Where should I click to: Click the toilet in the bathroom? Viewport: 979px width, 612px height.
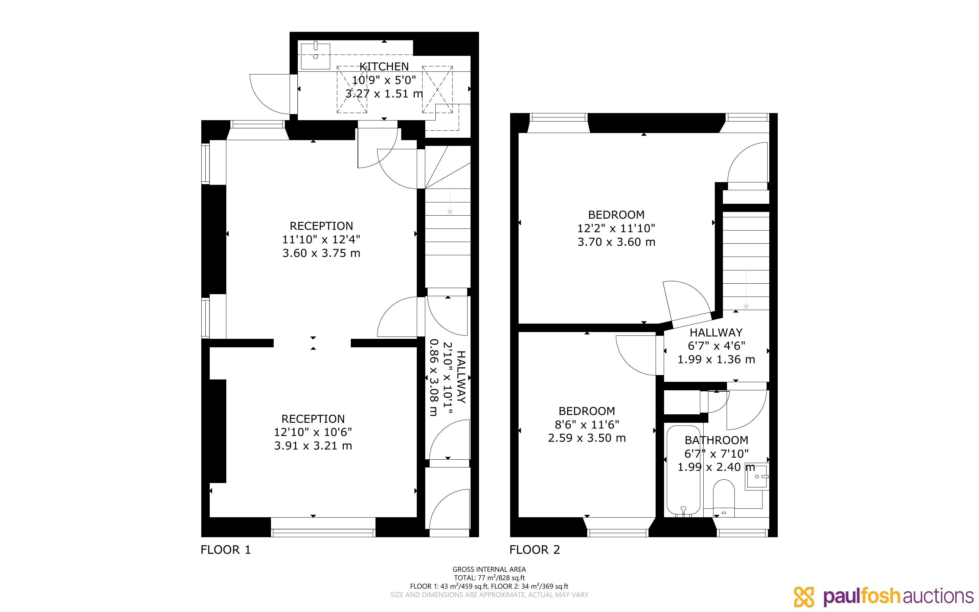pos(724,498)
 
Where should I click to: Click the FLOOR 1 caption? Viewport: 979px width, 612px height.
pos(226,550)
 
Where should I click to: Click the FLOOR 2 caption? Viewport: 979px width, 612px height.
pos(534,550)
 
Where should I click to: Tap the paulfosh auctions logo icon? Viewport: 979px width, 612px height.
pos(804,597)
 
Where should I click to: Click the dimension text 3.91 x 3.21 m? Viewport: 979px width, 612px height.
pos(313,446)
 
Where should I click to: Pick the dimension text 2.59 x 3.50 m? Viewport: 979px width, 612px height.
pos(587,438)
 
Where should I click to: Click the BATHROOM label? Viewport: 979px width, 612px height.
pos(716,440)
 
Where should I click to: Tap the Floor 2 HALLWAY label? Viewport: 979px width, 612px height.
pos(716,332)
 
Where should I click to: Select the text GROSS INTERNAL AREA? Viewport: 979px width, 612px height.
pos(489,569)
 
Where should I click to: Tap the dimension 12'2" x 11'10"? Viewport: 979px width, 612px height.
pos(616,228)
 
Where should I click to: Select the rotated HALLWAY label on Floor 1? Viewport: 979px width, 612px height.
pos(461,377)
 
